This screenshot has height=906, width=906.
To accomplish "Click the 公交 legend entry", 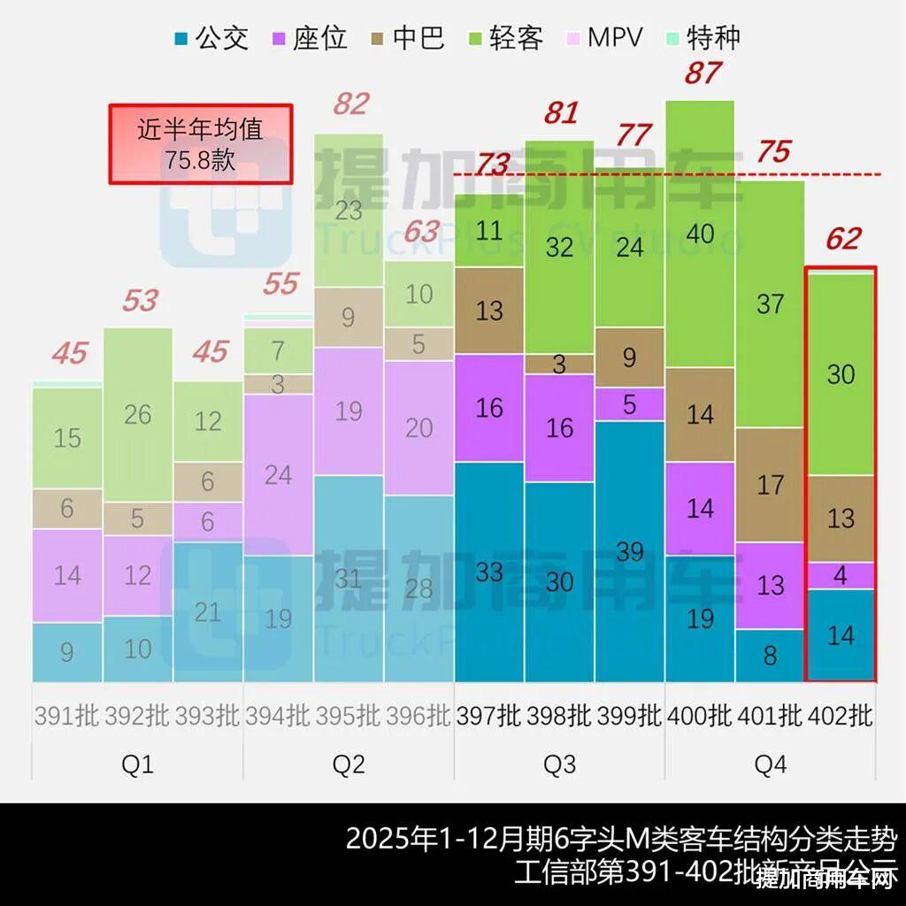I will [212, 38].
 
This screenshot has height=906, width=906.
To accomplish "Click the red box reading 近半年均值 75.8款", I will [200, 144].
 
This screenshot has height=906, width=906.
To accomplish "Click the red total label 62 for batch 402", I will [842, 239].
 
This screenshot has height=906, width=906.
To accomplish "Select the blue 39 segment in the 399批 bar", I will [630, 551].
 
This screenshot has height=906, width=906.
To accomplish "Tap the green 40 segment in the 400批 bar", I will [700, 234].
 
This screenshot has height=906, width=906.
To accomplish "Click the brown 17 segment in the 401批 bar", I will [770, 485].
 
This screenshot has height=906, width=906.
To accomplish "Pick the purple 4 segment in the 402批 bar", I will [841, 575].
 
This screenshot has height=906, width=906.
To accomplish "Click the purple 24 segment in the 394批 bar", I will [278, 474].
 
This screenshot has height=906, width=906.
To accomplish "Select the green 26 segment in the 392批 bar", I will [138, 414].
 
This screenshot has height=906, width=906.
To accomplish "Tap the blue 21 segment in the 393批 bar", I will [208, 611].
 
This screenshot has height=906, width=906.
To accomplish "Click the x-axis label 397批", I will [488, 716].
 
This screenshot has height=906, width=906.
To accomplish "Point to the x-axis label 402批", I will [841, 716].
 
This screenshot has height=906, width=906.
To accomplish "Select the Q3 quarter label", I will [559, 764].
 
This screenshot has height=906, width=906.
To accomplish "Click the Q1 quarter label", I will [137, 764].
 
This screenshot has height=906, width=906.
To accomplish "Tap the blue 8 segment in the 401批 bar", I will [770, 656].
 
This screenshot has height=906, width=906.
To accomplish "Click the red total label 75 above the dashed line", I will [773, 152].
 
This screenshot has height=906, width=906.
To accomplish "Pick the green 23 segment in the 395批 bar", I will [349, 211].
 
